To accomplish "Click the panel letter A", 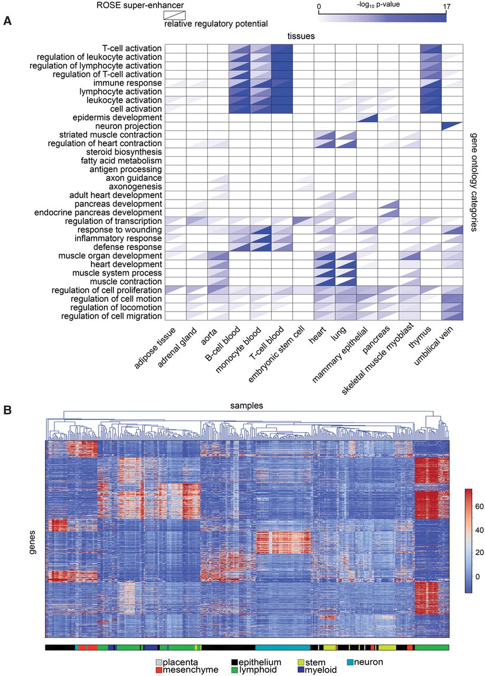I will click(7, 22).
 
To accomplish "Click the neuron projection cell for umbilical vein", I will click(452, 126).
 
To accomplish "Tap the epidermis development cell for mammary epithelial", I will click(367, 117).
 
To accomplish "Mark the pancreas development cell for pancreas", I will click(388, 204).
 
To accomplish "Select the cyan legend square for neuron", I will click(351, 662).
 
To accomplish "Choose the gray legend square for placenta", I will click(158, 662).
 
